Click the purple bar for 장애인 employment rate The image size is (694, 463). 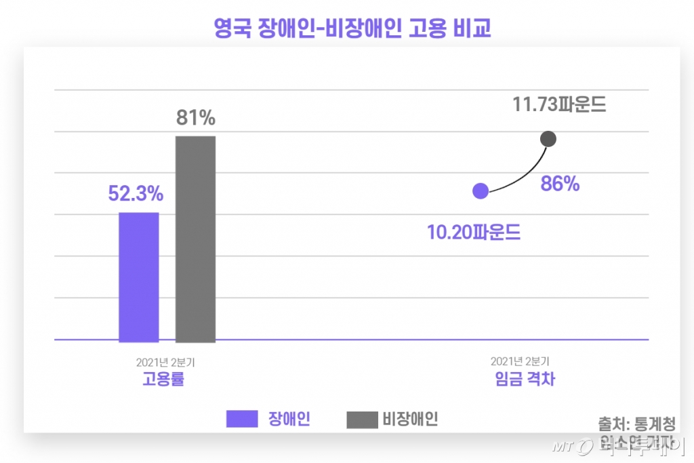[x=139, y=277]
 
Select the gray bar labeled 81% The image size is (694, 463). [x=195, y=239]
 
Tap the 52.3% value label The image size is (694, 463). [x=136, y=194]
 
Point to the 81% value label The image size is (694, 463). [x=195, y=118]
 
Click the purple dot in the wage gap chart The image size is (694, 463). [x=481, y=191]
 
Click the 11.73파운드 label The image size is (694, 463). [x=559, y=105]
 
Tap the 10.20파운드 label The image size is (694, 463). [x=474, y=233]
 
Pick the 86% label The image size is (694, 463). [x=560, y=184]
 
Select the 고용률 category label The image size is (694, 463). [x=163, y=379]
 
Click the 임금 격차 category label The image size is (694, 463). [x=525, y=379]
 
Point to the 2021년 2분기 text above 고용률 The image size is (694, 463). [x=165, y=362]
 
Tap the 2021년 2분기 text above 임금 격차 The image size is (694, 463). [x=520, y=362]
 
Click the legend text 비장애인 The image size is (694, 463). [x=410, y=419]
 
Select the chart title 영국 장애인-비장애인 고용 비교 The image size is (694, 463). [x=352, y=28]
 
